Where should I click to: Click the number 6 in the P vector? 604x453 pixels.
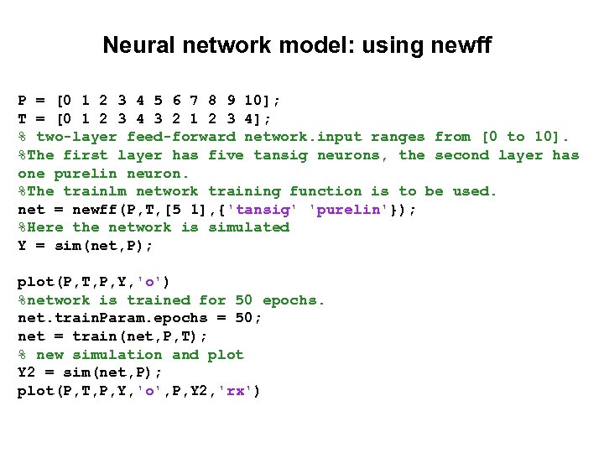pyautogui.click(x=177, y=100)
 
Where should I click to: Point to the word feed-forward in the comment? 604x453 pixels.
pyautogui.click(x=181, y=136)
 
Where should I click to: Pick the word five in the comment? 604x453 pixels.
pyautogui.click(x=226, y=154)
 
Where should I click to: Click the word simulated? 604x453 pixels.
pyautogui.click(x=248, y=227)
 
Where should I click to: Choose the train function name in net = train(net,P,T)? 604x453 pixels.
pyautogui.click(x=95, y=336)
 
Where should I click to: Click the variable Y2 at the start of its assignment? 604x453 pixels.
pyautogui.click(x=27, y=372)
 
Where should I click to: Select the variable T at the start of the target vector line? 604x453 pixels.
pyautogui.click(x=23, y=118)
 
